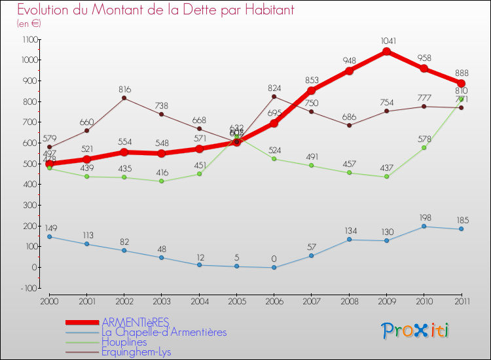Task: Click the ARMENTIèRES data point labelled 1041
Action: [386, 51]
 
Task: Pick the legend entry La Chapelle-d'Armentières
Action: [164, 332]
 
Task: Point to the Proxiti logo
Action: [415, 330]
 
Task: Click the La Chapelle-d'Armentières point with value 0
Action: [274, 267]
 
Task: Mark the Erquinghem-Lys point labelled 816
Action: [124, 98]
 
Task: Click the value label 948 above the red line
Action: [349, 61]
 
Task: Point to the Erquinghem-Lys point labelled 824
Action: [274, 97]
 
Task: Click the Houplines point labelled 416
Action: [161, 181]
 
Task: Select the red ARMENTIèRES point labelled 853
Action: [311, 90]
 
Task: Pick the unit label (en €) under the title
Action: [29, 24]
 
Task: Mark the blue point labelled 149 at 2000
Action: [49, 236]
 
